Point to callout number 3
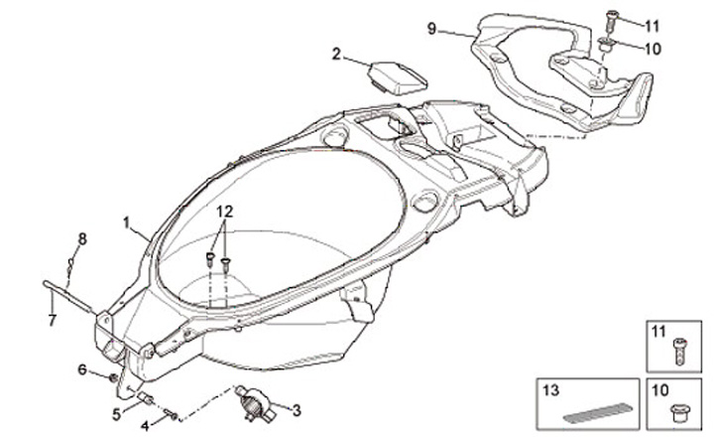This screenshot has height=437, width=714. point(295,408)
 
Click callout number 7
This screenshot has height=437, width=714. point(53,320)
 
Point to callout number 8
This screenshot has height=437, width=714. point(83,237)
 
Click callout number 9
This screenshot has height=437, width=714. point(432,29)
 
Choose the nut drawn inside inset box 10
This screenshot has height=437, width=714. point(680,412)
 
